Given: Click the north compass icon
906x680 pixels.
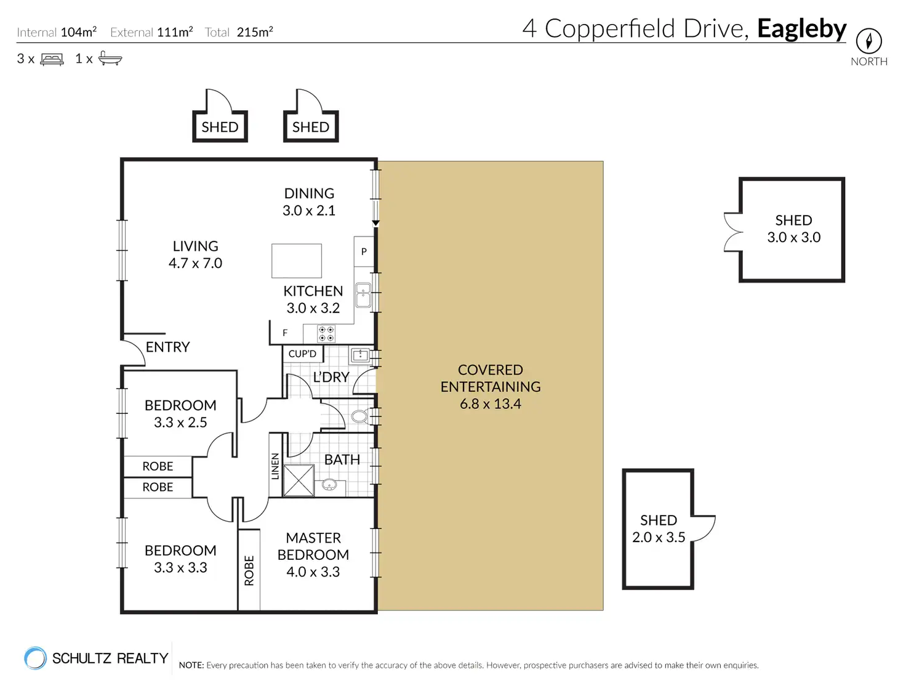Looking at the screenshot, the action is [x=868, y=41].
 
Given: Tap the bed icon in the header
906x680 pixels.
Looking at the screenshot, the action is [x=52, y=59].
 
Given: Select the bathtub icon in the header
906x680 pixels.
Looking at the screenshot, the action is [x=110, y=59].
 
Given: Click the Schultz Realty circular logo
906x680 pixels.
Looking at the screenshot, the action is [x=35, y=657].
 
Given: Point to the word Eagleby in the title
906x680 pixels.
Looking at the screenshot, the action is [x=801, y=28].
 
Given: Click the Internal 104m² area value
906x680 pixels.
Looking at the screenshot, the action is [x=78, y=32].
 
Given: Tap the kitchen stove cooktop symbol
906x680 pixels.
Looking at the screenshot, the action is [x=326, y=334].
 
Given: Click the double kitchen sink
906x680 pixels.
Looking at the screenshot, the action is [x=363, y=295].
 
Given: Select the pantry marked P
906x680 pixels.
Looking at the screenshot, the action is [x=364, y=251].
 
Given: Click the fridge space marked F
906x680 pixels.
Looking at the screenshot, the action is [x=285, y=333].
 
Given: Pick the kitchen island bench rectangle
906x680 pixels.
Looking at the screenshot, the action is [x=297, y=261].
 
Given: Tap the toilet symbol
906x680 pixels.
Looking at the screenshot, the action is [x=360, y=416].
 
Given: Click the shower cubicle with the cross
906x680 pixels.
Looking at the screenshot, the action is [x=299, y=480].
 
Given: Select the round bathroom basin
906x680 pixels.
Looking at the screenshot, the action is [x=329, y=484].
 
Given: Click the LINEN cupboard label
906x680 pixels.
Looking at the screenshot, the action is [x=275, y=466].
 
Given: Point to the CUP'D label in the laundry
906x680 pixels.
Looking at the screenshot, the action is [x=302, y=354].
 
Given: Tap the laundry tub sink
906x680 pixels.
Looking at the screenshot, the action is [x=360, y=355].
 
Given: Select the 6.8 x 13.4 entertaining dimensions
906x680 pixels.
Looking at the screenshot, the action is [x=491, y=404].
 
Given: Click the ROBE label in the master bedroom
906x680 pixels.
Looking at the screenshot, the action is [x=249, y=570].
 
